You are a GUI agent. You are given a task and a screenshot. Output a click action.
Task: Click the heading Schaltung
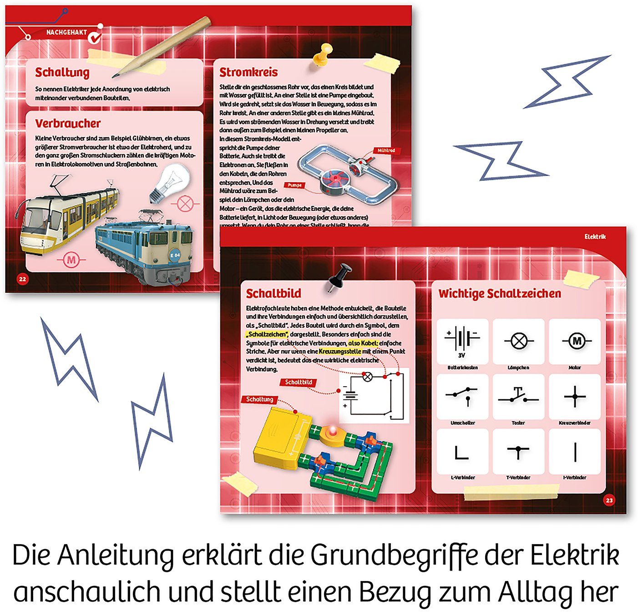[62, 72]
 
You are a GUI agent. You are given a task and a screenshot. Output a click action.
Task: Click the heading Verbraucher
[68, 123]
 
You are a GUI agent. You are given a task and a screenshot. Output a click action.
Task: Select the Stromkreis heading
[248, 72]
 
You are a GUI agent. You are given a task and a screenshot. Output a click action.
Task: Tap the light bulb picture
[170, 183]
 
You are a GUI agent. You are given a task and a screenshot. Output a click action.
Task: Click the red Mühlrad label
[386, 150]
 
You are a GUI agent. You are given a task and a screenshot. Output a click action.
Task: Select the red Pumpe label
[294, 185]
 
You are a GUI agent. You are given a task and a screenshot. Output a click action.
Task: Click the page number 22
[22, 279]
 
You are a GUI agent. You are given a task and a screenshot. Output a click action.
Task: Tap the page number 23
[609, 500]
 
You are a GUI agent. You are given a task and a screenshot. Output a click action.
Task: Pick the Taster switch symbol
[518, 396]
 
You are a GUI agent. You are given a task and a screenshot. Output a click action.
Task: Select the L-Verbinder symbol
[462, 452]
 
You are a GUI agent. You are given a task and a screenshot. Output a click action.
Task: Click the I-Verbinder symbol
[575, 452]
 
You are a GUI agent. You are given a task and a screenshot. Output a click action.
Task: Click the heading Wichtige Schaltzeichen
[499, 294]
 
